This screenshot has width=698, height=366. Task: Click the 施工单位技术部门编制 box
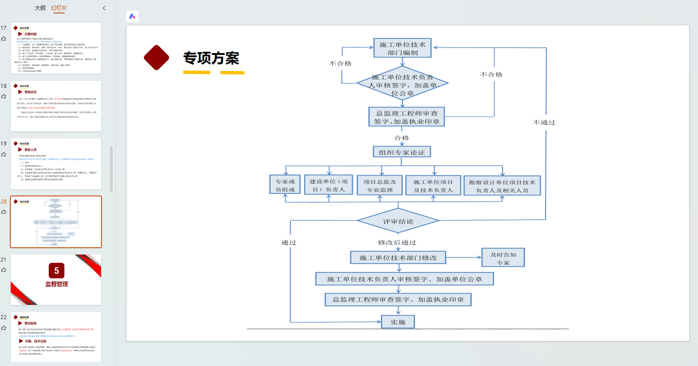(402, 48)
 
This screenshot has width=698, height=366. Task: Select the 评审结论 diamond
(398, 221)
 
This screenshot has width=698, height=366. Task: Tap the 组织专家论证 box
(402, 152)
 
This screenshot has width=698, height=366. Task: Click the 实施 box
(398, 322)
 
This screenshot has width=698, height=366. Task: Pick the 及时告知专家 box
(503, 258)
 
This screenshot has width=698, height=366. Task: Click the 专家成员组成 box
(285, 185)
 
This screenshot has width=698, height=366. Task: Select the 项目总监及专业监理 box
(380, 185)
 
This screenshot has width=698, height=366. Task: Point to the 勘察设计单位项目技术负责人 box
(502, 186)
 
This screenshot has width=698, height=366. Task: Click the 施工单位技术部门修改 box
(398, 258)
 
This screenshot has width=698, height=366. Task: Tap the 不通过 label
(544, 122)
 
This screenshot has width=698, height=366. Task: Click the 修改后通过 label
(397, 242)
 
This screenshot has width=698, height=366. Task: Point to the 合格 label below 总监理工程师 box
(402, 138)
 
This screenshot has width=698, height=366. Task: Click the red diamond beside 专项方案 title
(157, 58)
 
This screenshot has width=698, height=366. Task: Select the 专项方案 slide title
(212, 58)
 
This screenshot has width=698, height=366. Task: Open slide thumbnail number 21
(56, 279)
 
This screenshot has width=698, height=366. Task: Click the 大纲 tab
(40, 8)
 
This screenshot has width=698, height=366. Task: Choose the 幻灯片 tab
(59, 8)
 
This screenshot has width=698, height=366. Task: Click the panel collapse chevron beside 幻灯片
(104, 8)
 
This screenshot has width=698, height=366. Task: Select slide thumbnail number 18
(56, 106)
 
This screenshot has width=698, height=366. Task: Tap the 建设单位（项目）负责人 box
(329, 185)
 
